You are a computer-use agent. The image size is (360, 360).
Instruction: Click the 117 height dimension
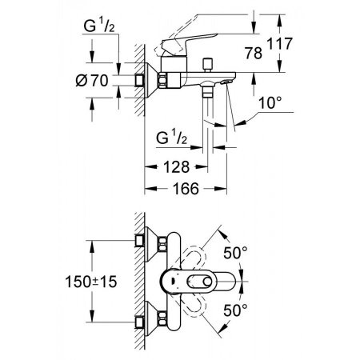pos(280,44)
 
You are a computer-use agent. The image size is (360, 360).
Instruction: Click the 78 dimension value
pos(254,53)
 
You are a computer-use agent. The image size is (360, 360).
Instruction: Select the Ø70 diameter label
pos(92,80)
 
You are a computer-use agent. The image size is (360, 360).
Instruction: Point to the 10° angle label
pos(270,102)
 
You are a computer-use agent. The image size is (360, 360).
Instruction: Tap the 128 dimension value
pos(176,167)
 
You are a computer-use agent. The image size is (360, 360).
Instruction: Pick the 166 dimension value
pos(186,189)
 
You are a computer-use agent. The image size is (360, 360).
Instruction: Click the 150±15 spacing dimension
pos(91,282)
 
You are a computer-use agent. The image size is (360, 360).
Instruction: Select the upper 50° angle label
pos(235,253)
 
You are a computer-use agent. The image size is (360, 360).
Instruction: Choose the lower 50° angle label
pos(235,310)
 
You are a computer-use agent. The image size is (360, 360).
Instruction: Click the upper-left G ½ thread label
pos(99,26)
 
